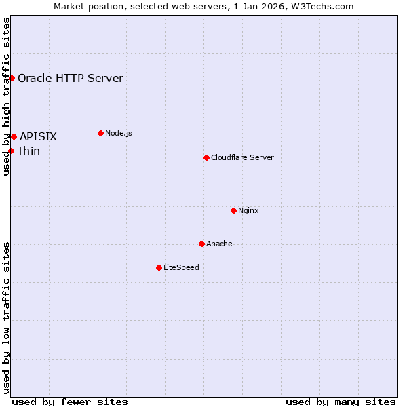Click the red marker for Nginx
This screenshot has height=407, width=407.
coord(233,210)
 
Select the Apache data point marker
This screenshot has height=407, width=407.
coord(201,244)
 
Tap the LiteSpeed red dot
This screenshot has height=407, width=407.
coord(159,267)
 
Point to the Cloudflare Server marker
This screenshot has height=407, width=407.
coord(206,157)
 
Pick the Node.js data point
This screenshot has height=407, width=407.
coord(100,133)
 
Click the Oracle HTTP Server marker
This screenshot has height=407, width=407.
coord(12,78)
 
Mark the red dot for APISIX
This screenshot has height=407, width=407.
coord(14,136)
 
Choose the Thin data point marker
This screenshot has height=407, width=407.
coord(12,151)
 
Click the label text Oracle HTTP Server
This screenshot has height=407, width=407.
coord(71,78)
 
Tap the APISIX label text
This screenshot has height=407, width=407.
coord(38,137)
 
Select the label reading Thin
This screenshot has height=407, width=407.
coord(28,151)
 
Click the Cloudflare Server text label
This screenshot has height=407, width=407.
coord(242,157)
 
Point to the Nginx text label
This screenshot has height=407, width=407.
coord(248,210)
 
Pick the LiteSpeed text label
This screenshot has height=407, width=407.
coord(181,267)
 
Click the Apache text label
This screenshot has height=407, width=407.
coord(219,244)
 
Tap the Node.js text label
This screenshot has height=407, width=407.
coord(118,133)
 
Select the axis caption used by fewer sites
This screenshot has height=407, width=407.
coord(70,402)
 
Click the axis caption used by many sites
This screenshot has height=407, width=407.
coord(341,402)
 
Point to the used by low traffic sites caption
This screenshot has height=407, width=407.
coord(6,317)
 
